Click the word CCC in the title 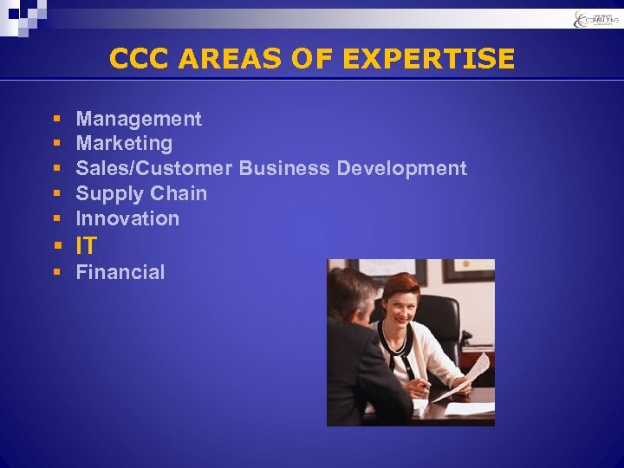tap(141, 59)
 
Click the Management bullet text tap(139, 119)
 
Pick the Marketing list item tap(124, 143)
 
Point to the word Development tap(401, 168)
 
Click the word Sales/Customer tap(154, 168)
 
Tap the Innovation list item tap(127, 218)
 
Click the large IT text tap(87, 245)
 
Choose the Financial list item tap(120, 272)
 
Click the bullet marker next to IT tap(55, 246)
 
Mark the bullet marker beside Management tap(55, 120)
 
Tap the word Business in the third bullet tap(284, 168)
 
